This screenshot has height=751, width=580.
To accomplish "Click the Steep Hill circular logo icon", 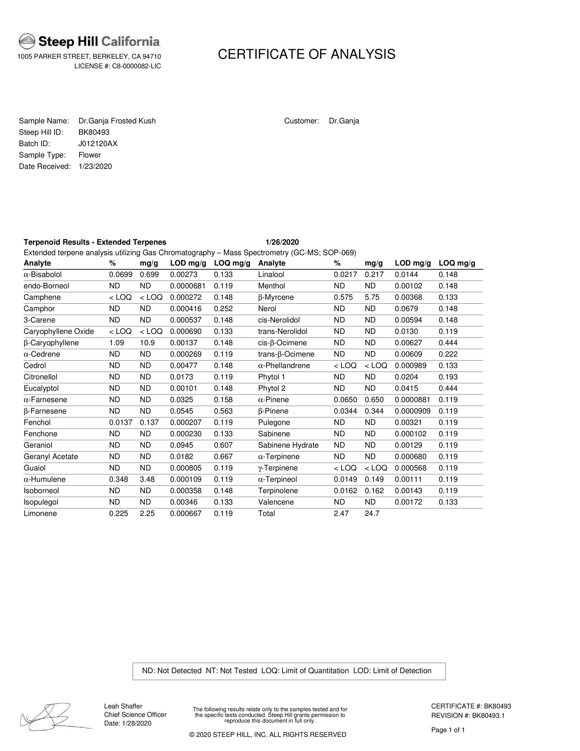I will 27,41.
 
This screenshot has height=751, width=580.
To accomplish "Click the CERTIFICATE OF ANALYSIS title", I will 306,54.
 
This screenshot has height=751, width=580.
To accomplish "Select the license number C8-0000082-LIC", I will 136,66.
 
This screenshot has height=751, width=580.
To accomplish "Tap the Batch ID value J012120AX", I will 98,144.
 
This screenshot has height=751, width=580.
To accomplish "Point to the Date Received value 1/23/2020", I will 95,166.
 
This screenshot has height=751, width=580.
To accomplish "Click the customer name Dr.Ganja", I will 344,121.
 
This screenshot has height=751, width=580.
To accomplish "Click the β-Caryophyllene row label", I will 51,343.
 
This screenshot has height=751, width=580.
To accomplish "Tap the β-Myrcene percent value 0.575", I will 343,297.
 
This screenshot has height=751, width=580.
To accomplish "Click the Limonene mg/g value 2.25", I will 147,513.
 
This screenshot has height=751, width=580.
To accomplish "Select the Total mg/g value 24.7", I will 372,513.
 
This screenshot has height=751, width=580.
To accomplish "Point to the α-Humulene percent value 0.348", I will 119,479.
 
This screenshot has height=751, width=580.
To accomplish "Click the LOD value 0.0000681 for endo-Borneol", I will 188,286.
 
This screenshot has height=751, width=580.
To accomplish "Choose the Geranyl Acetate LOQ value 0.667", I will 223,457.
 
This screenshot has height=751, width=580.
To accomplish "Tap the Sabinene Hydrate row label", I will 288,445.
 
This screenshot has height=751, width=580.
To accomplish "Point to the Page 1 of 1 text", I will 448,730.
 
